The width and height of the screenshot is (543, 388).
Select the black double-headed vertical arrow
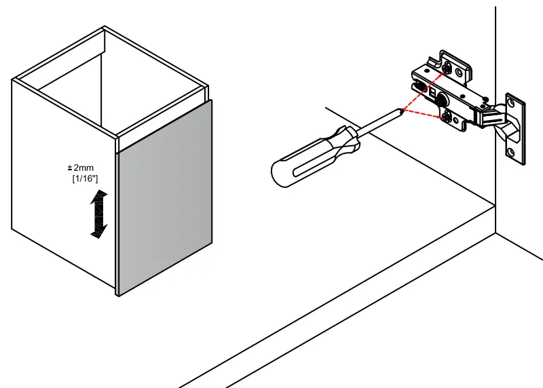[99, 214]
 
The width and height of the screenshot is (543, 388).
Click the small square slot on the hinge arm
[432, 89]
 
